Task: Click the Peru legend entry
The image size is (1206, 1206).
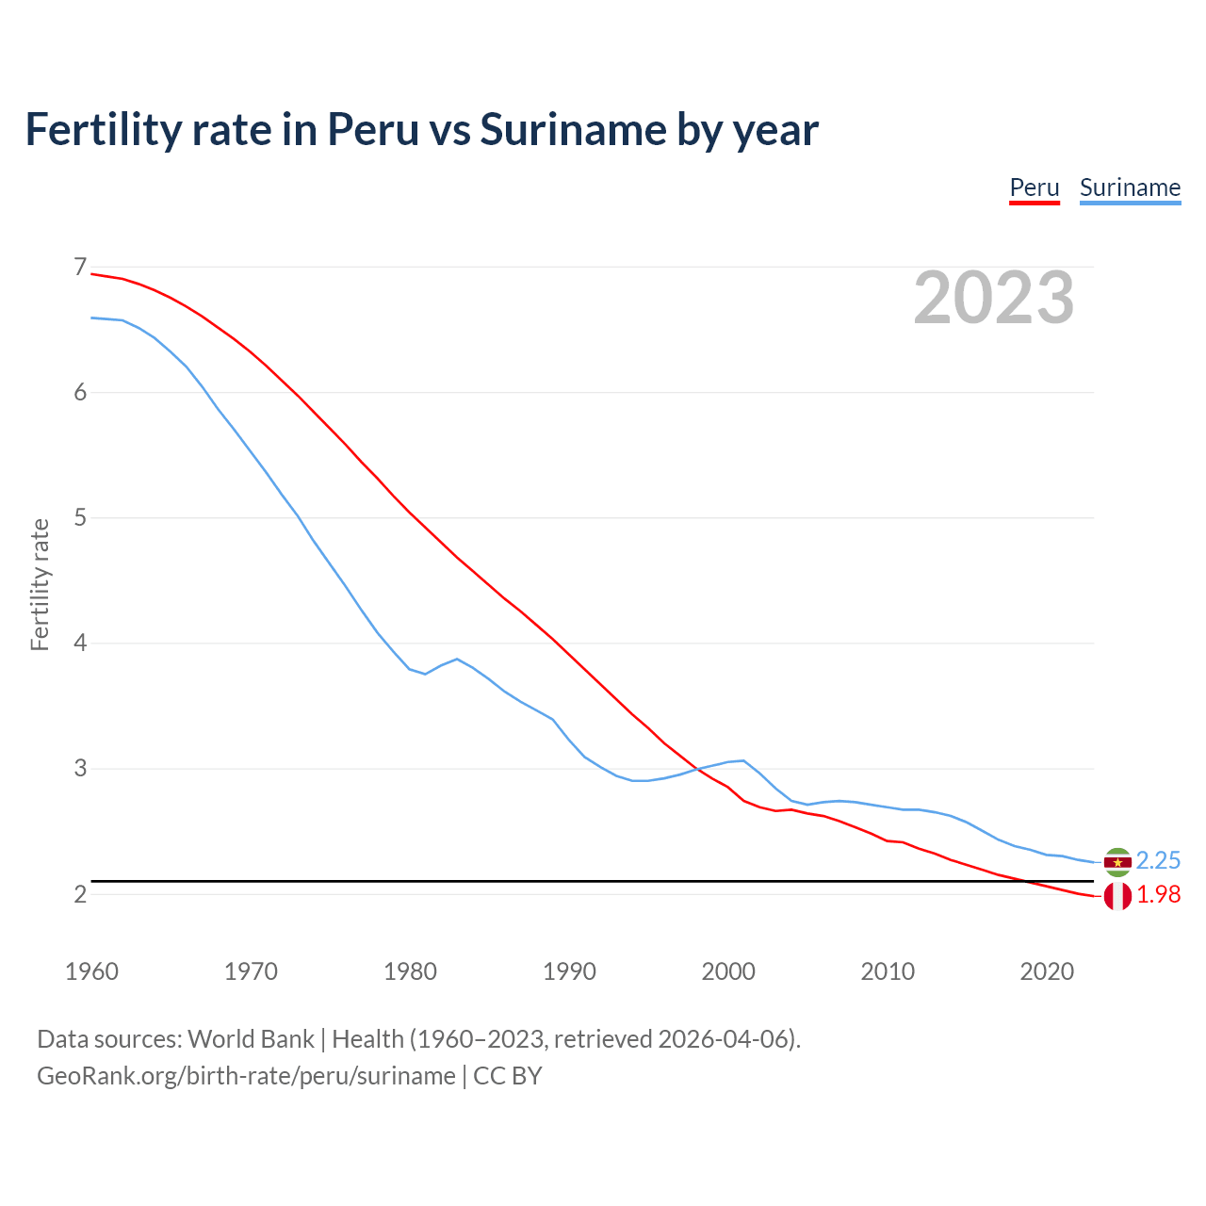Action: [x=1035, y=187]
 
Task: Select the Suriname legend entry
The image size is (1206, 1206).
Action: [x=1130, y=187]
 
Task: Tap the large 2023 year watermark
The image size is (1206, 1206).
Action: [x=993, y=298]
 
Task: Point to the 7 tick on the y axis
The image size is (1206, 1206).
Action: [x=80, y=268]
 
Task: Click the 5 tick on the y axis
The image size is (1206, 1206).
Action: [x=80, y=517]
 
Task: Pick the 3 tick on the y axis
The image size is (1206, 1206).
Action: [x=80, y=768]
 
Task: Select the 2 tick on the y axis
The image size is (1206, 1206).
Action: [x=80, y=893]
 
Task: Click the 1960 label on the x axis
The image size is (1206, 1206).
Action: [x=91, y=971]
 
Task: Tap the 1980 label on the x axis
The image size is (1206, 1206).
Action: [x=410, y=971]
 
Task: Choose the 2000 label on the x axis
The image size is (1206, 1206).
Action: [x=728, y=971]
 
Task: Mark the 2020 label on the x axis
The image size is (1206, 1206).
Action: [x=1047, y=971]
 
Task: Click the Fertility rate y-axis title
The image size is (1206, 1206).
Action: [x=40, y=584]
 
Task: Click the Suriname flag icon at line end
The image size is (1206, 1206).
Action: [x=1117, y=861]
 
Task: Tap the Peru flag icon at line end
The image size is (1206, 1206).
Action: [x=1117, y=896]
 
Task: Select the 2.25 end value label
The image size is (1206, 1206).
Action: [x=1158, y=860]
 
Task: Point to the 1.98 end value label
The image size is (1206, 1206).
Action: [x=1158, y=895]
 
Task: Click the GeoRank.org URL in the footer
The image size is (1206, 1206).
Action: [x=246, y=1076]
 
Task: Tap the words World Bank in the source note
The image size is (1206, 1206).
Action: [x=251, y=1039]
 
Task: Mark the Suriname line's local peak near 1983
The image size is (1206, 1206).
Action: [x=457, y=659]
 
